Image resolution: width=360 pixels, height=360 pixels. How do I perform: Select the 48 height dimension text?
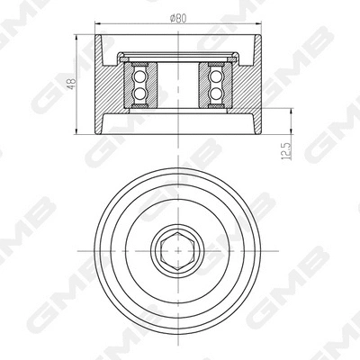(x=71, y=85)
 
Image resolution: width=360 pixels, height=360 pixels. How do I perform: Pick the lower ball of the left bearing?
(x=139, y=94)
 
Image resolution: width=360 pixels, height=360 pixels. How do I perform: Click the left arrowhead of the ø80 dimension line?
(x=98, y=23)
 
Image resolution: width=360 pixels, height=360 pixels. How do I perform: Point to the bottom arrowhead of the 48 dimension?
(x=78, y=131)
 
